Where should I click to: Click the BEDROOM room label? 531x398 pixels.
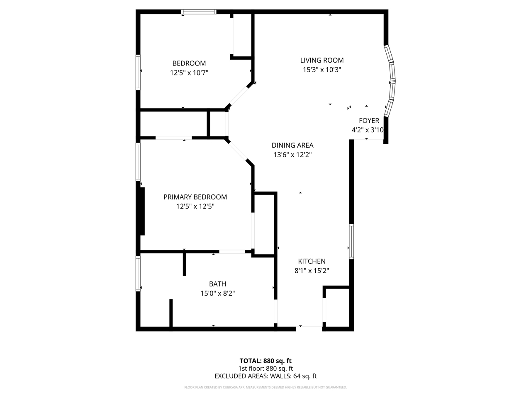pyautogui.click(x=189, y=63)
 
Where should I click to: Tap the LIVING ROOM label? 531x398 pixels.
pyautogui.click(x=322, y=61)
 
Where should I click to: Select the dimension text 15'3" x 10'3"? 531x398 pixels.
pyautogui.click(x=322, y=70)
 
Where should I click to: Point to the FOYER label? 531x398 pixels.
pyautogui.click(x=369, y=121)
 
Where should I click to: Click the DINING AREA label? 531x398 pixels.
pyautogui.click(x=292, y=146)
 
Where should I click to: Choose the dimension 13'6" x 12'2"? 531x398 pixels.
pyautogui.click(x=292, y=155)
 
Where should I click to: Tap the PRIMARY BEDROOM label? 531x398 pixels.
pyautogui.click(x=195, y=197)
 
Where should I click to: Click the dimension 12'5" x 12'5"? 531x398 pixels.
pyautogui.click(x=195, y=206)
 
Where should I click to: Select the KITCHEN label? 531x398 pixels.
pyautogui.click(x=312, y=261)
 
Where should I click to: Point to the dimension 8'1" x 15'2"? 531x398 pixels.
pyautogui.click(x=312, y=271)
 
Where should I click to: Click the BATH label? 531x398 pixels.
pyautogui.click(x=217, y=284)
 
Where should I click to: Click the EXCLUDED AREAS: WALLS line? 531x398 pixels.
pyautogui.click(x=265, y=376)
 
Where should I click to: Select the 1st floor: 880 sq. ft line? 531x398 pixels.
pyautogui.click(x=265, y=369)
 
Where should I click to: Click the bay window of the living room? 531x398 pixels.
pyautogui.click(x=390, y=81)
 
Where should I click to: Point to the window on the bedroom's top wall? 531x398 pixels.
pyautogui.click(x=199, y=12)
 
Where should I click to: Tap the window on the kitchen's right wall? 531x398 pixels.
pyautogui.click(x=351, y=241)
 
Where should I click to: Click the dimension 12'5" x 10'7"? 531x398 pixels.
pyautogui.click(x=189, y=73)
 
